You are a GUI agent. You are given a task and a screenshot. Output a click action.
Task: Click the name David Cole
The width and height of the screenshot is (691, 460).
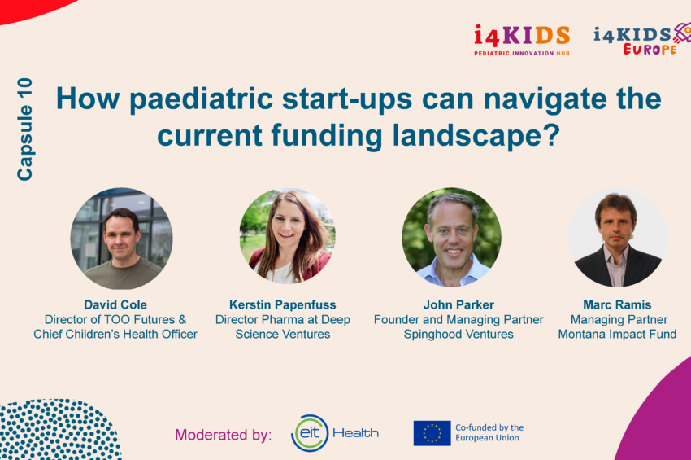(115, 304)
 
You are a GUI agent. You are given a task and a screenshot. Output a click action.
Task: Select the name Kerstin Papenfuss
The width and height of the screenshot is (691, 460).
(282, 304)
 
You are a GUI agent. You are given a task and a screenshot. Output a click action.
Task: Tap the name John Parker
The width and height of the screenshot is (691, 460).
(458, 304)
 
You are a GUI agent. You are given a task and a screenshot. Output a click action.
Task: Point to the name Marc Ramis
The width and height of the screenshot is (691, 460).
(617, 304)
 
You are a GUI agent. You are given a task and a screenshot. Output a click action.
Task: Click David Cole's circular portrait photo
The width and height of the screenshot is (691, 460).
(122, 239)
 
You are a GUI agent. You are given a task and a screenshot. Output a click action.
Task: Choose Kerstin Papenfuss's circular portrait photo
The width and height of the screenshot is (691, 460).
(287, 236)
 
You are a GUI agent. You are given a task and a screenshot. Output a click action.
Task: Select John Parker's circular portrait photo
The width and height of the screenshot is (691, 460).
(451, 237)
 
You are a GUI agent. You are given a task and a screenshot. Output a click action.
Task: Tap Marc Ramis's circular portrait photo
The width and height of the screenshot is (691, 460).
(618, 238)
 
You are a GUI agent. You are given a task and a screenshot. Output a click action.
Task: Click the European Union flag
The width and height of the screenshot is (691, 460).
(432, 433)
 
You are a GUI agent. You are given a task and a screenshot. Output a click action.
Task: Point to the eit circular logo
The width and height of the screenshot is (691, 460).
(311, 433)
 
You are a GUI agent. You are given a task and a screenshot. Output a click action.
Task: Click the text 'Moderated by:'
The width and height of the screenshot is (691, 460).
(223, 435)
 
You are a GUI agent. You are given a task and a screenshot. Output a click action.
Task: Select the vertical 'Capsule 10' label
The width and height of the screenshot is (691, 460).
(24, 129)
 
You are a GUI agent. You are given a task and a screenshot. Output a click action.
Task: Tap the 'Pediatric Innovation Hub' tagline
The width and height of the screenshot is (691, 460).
(522, 54)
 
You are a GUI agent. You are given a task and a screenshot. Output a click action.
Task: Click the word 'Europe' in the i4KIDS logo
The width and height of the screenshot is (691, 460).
(650, 49)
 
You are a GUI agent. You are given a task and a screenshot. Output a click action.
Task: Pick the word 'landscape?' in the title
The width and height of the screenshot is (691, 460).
(476, 135)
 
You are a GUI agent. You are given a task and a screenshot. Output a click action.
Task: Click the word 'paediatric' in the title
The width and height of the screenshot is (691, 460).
(201, 99)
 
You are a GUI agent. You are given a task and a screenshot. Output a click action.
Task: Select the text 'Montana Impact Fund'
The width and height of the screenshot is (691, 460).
(617, 334)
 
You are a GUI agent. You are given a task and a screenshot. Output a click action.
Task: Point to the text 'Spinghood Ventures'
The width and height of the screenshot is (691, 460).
(458, 334)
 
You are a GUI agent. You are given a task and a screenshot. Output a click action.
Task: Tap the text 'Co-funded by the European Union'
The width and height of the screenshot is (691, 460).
(489, 432)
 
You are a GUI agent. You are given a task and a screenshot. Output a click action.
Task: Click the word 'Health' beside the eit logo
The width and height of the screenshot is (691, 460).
(355, 433)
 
